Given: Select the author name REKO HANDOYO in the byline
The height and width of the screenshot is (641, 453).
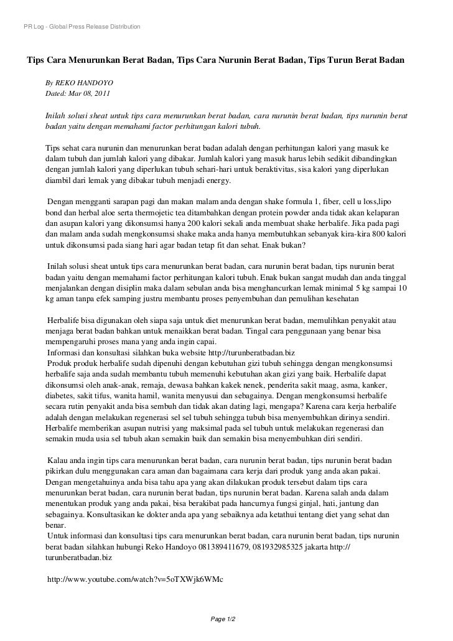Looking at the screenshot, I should tap(83, 83).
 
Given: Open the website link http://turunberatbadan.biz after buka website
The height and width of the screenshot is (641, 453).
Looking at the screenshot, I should tap(246, 352).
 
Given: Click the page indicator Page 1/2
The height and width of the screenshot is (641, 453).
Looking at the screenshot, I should tap(225, 619).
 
